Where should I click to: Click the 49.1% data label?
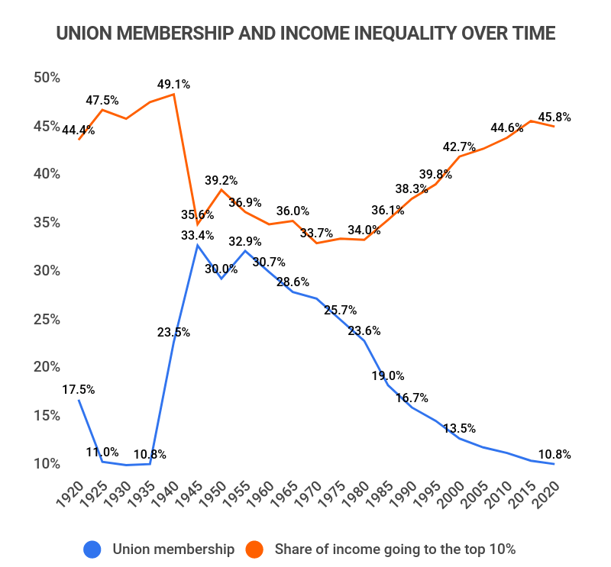(174, 85)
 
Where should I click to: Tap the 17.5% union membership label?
(79, 389)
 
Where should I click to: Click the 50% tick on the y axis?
(47, 77)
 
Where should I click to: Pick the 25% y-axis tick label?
(47, 318)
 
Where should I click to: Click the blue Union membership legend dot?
(92, 548)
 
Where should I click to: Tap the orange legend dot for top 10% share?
(254, 548)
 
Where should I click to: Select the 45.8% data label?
(555, 118)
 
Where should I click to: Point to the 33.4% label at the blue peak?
(198, 235)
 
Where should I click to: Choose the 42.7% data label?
(460, 147)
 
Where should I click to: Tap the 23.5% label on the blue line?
(175, 332)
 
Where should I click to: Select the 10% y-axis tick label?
(47, 463)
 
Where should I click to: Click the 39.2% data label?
(221, 181)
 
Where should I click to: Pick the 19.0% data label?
(389, 375)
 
